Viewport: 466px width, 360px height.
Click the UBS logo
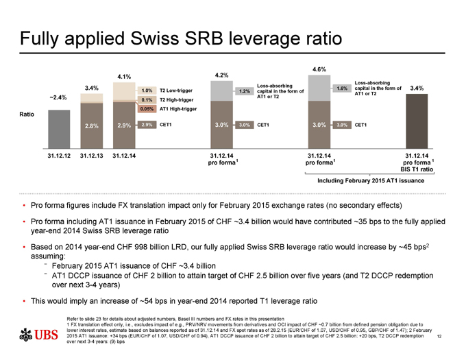tap(38, 334)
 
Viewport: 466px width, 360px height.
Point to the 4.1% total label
tap(125, 76)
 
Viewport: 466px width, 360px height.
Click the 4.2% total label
tap(222, 74)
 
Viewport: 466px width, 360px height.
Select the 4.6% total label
tap(319, 69)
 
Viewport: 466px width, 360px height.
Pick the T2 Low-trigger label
tap(175, 91)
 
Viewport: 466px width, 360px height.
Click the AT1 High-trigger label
tap(177, 109)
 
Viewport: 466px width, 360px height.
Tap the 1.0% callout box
tap(146, 91)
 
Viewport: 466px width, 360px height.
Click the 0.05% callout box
tap(146, 109)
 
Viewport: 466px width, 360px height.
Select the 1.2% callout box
tap(243, 91)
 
